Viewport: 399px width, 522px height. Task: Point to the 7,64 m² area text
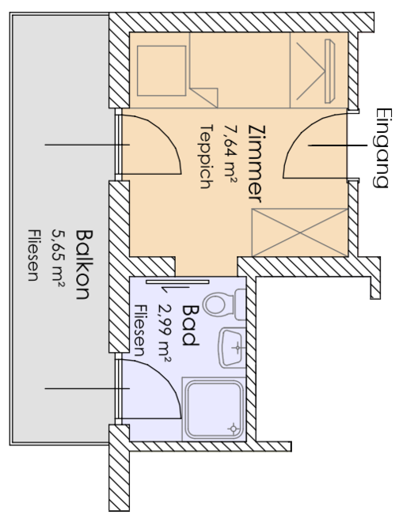point(230,153)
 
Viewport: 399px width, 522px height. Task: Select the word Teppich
point(207,157)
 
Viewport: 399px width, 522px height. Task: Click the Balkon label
point(82,264)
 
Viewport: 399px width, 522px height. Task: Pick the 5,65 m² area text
point(59,258)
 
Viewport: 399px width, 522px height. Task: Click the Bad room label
point(190,325)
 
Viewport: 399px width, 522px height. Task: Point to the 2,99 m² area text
point(165,333)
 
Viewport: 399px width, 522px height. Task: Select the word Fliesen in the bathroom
point(139,331)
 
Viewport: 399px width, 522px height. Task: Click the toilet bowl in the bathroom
point(218,304)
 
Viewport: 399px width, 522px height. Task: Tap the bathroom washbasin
point(232,347)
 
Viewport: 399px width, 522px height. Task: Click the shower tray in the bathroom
point(215,409)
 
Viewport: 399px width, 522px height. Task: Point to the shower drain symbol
point(233,428)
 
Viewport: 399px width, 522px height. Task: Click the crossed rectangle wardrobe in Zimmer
point(300,233)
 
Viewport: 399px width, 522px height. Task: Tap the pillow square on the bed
point(161,70)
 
